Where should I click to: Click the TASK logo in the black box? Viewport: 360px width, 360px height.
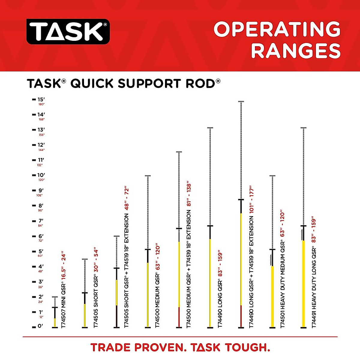tap(68, 31)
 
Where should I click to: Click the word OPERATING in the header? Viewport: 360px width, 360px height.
tap(277, 29)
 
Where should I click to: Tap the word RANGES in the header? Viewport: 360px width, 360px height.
tap(296, 51)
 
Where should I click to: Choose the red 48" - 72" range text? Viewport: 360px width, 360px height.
tap(127, 198)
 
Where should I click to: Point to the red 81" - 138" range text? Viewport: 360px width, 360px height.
tap(189, 193)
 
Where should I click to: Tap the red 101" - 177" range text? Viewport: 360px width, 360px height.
tap(251, 199)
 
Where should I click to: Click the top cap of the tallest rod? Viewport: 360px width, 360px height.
tap(241, 102)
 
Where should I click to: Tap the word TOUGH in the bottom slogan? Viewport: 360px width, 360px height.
tap(247, 347)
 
